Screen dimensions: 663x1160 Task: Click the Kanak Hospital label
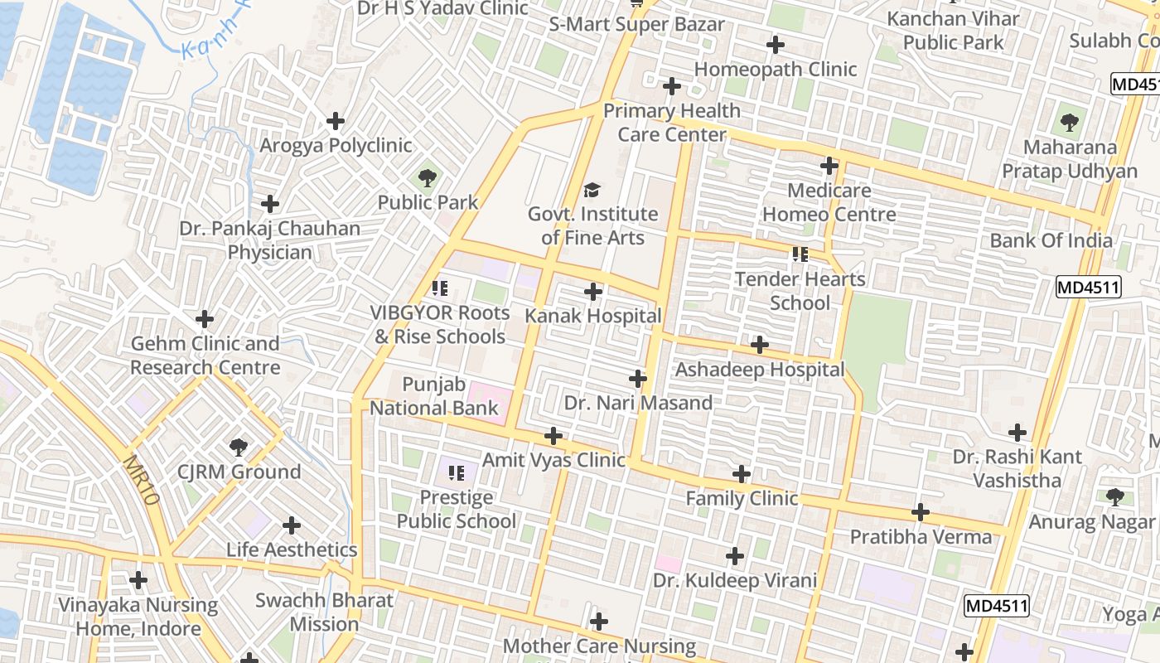tap(593, 316)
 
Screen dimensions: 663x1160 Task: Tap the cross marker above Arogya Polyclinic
tap(336, 121)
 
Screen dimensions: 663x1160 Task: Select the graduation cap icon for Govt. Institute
tap(592, 191)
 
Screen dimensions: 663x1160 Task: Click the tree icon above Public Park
tap(428, 177)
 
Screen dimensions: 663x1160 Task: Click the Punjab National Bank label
tap(434, 396)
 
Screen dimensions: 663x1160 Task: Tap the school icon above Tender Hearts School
tap(800, 254)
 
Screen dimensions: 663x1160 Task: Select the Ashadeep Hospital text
tap(760, 370)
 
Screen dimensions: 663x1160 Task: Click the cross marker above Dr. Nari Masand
tap(638, 380)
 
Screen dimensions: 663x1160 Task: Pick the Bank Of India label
tap(1051, 240)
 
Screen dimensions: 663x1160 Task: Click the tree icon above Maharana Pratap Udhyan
tap(1070, 123)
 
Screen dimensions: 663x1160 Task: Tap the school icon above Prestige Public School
tap(456, 473)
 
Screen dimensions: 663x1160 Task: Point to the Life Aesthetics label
tap(292, 549)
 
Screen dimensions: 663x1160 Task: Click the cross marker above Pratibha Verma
tap(921, 512)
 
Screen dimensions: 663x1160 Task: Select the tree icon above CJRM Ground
tap(239, 448)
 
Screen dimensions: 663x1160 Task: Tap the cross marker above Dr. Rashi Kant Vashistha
tap(1017, 432)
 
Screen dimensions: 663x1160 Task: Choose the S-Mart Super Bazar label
tap(636, 24)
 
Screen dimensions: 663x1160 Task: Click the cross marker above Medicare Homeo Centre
tap(829, 166)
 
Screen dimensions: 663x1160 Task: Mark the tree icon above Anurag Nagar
tap(1115, 497)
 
